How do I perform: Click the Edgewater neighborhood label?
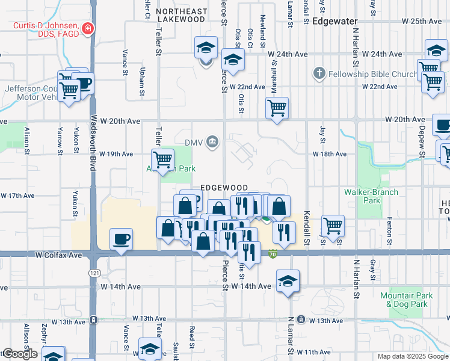335,20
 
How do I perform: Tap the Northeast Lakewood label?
180,15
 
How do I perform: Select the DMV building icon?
212,142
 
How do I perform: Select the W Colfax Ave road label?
58,255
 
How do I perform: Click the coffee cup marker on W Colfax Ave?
122,239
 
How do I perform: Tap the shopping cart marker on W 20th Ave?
277,108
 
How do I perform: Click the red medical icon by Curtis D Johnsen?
88,28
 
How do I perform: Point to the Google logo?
20,354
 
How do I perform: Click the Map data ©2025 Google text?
413,356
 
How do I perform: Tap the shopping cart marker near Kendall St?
333,226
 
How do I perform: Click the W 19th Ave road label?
116,154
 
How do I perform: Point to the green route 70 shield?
273,255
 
